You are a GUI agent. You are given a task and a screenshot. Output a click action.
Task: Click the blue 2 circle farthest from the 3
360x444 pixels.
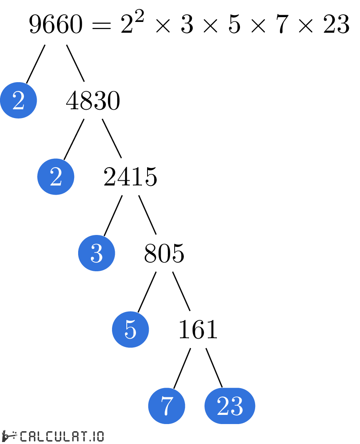click(x=18, y=100)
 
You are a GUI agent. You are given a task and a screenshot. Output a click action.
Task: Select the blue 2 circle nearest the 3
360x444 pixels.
click(x=56, y=177)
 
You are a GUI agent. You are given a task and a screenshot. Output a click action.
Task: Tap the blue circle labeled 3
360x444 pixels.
click(x=96, y=253)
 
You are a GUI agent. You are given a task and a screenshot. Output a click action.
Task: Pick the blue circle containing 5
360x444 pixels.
click(x=130, y=330)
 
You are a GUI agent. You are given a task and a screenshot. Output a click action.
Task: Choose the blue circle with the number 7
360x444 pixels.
click(x=167, y=406)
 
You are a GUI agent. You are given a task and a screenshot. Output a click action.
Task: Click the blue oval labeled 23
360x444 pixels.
click(x=230, y=406)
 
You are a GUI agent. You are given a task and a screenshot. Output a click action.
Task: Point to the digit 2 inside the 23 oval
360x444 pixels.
click(x=223, y=406)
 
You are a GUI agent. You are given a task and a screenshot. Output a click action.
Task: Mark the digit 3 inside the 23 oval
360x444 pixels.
click(x=237, y=406)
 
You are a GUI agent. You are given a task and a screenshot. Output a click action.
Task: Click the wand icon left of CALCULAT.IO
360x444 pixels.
click(x=10, y=436)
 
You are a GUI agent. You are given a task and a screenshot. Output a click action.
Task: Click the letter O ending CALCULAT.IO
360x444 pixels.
click(x=100, y=436)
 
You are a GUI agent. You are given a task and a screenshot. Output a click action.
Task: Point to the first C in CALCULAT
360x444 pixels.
click(x=24, y=436)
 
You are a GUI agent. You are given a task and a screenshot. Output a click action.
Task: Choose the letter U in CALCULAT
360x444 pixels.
click(x=58, y=436)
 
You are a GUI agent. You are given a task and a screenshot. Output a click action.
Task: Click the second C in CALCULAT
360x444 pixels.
click(x=49, y=436)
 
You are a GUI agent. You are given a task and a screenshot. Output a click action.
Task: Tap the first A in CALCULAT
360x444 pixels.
click(x=32, y=436)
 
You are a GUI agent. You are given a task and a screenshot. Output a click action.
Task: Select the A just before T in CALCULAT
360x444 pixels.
click(x=75, y=436)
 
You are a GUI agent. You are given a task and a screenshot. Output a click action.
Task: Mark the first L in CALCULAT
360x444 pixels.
click(x=41, y=436)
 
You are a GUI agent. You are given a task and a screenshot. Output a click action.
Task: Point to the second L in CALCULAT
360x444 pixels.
click(x=67, y=436)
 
